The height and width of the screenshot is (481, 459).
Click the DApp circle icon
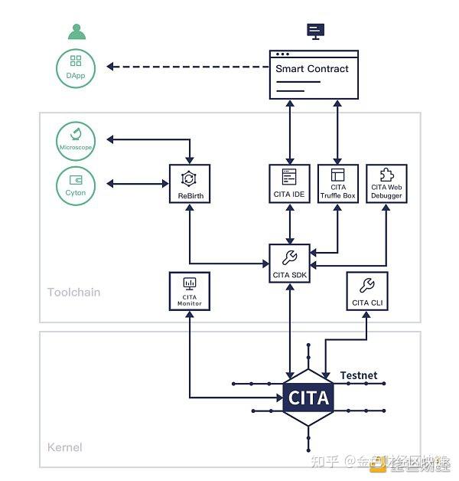(76, 67)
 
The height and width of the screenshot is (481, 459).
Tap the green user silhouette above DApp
(76, 32)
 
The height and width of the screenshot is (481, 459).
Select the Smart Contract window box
(314, 74)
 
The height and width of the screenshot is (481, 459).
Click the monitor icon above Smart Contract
(314, 31)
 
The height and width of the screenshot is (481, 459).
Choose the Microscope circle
(76, 139)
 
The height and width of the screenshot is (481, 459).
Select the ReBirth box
(189, 184)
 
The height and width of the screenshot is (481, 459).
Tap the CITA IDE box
(289, 184)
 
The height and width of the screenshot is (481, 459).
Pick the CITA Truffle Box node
(337, 184)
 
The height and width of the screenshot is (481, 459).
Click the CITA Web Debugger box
(386, 184)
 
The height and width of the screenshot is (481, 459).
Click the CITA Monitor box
(189, 291)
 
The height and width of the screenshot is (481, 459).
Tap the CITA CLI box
(367, 291)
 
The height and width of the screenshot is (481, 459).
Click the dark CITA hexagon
(308, 398)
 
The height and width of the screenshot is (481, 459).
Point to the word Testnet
(359, 375)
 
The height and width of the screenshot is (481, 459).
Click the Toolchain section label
(73, 292)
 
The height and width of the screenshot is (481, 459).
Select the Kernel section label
(65, 447)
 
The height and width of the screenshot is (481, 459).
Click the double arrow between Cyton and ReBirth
(138, 184)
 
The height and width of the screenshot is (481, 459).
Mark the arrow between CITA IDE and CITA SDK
(290, 224)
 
